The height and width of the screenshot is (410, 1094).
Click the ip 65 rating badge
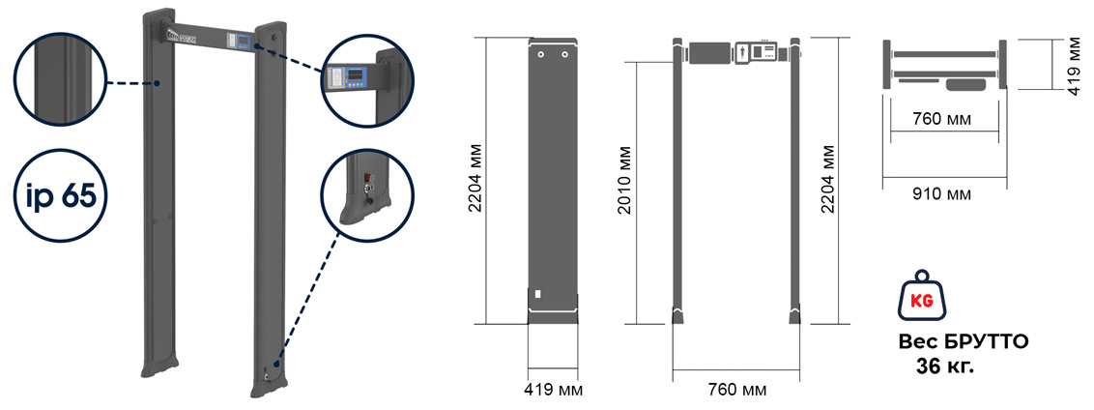click(x=61, y=196)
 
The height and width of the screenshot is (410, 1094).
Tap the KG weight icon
click(x=923, y=300)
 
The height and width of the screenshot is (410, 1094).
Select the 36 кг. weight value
click(x=945, y=366)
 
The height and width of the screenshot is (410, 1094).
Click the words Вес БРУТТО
click(x=963, y=343)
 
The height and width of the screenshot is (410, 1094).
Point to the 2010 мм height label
click(x=626, y=180)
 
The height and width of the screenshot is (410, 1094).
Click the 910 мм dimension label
click(x=942, y=193)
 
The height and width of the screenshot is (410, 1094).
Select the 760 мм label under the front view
click(x=737, y=390)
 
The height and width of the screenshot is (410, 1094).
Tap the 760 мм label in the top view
click(x=942, y=119)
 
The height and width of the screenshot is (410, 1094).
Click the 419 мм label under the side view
click(x=553, y=390)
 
